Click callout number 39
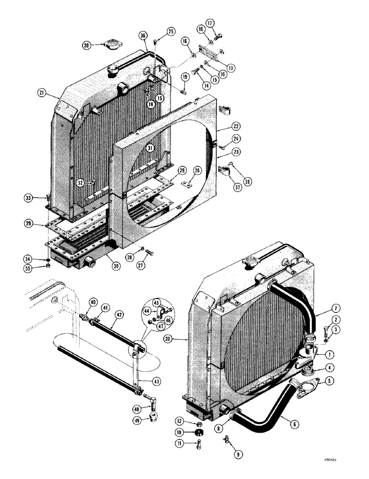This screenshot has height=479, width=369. [86, 46]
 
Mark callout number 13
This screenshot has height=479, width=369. [232, 68]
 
